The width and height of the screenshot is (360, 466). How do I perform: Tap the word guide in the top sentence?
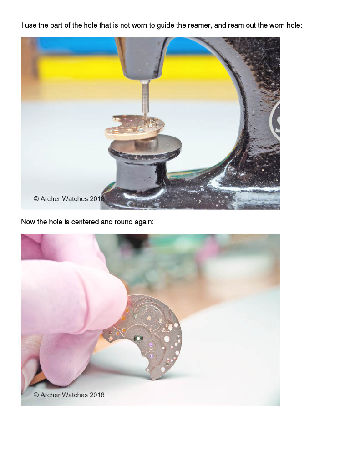[x=165, y=26]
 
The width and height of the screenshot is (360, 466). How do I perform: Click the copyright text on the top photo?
[x=69, y=198]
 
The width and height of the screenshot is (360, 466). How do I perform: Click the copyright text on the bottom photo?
[x=69, y=395]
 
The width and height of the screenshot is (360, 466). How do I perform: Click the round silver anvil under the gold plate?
[x=146, y=145]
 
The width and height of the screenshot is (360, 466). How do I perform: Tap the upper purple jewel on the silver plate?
[x=151, y=345]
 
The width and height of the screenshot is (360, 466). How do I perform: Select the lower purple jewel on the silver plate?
[x=152, y=356]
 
